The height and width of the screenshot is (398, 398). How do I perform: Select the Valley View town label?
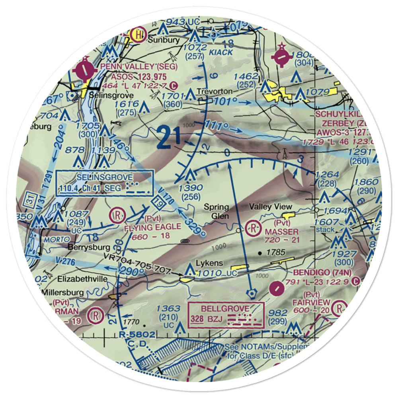(x=270, y=207)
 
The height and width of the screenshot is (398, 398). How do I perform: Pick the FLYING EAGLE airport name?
(x=153, y=227)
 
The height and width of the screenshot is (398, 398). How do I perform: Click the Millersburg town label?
(x=64, y=293)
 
